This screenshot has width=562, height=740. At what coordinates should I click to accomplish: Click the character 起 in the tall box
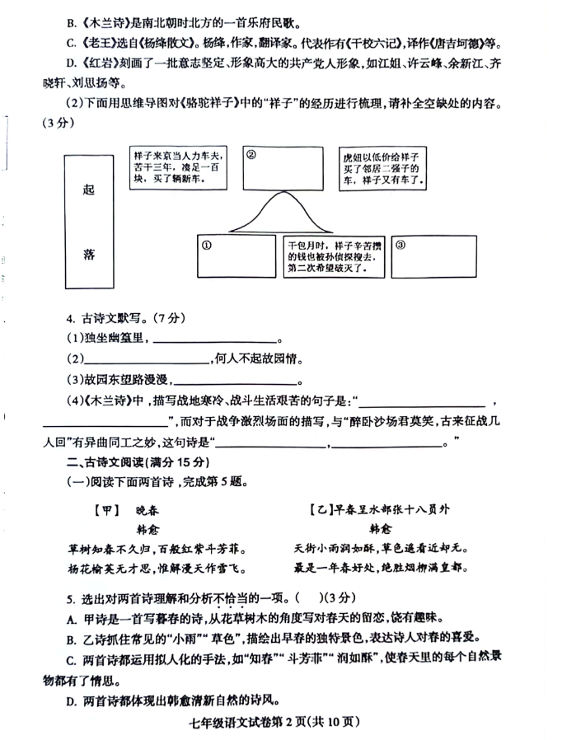click(x=89, y=189)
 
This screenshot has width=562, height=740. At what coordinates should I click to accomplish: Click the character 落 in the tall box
click(x=89, y=254)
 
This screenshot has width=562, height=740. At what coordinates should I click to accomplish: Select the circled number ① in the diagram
click(x=207, y=245)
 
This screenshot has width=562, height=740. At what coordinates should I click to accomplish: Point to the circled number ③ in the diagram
click(x=400, y=245)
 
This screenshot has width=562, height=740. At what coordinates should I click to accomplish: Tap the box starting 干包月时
click(x=333, y=257)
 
